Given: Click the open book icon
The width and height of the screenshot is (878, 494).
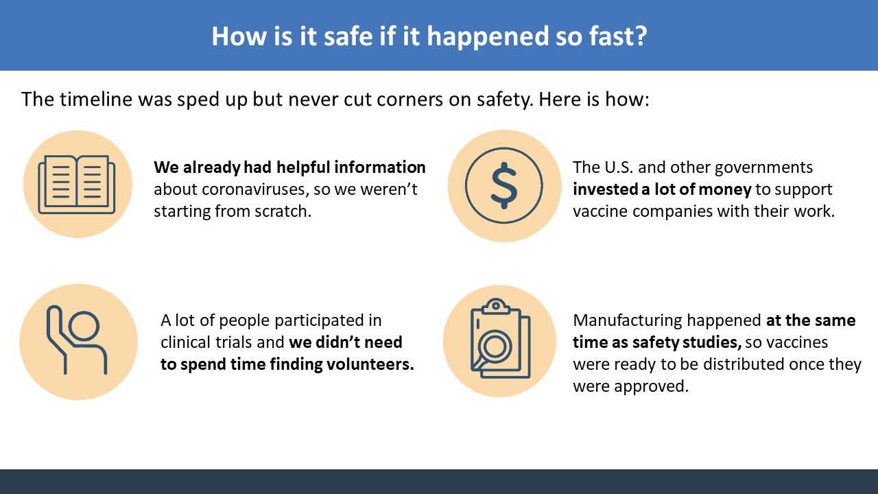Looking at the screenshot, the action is tap(77, 185).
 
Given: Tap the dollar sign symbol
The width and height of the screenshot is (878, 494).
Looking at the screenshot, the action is tap(504, 185).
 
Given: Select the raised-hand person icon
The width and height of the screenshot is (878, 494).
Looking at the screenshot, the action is tap(77, 340).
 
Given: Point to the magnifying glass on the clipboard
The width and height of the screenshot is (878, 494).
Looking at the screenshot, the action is tap(493, 348).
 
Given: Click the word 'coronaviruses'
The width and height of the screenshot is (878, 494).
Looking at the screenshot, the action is tap(256, 190).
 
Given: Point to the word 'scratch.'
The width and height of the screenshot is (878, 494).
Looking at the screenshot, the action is tap(283, 211).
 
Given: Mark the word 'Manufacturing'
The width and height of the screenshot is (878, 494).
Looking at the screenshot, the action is tap(628, 321).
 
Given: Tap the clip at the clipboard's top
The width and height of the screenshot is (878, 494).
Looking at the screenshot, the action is tap(496, 306).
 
